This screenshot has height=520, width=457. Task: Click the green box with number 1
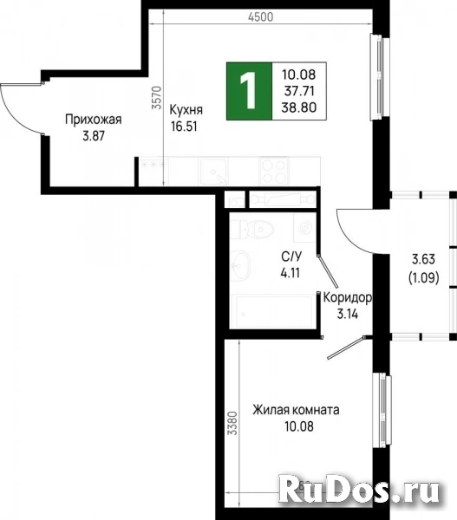point(249,91)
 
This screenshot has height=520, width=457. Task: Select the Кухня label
point(187,110)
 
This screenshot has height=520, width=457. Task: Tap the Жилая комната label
point(297,410)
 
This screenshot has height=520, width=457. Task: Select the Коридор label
point(348,297)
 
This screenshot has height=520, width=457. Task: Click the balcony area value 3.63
point(423,259)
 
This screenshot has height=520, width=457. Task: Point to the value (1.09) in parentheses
point(423,279)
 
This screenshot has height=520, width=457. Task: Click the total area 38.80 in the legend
point(298,107)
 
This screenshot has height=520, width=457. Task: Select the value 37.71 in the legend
point(298,90)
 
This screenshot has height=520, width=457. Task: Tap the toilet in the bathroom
point(258,228)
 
